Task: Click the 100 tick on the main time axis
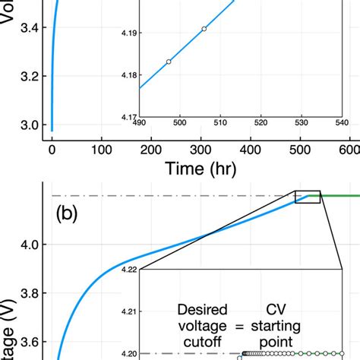(x=101, y=150)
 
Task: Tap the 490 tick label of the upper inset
(x=139, y=122)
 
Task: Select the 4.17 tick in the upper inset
(x=128, y=115)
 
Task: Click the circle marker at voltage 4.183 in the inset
(x=169, y=62)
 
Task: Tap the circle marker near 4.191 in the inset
(x=204, y=28)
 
